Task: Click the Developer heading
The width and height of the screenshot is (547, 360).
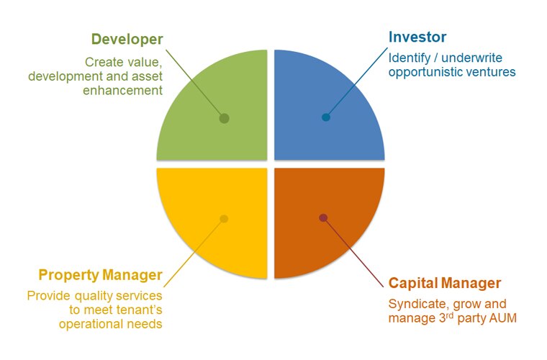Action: click(x=127, y=40)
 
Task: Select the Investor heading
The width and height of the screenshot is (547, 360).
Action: click(x=417, y=37)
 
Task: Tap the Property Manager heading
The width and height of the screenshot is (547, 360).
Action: click(x=101, y=275)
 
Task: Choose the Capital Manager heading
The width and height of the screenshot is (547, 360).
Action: click(x=445, y=283)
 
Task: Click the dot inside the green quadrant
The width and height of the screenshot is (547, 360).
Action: click(x=224, y=119)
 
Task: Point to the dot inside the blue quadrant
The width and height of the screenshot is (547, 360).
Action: click(x=326, y=117)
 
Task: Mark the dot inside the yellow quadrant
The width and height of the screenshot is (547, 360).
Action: click(x=224, y=219)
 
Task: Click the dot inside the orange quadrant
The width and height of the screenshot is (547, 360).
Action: click(x=323, y=217)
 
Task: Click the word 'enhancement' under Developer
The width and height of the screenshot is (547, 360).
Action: click(x=122, y=90)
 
